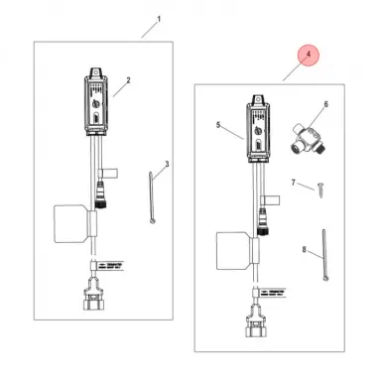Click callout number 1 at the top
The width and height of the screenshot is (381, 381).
tap(158, 19)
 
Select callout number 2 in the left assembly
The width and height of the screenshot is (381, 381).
tap(129, 79)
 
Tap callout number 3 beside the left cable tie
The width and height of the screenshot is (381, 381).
tap(168, 163)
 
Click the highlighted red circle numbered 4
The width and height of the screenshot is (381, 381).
tap(308, 57)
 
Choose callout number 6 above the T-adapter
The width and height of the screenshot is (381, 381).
tap(325, 103)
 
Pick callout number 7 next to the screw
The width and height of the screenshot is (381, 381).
tap(294, 183)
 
